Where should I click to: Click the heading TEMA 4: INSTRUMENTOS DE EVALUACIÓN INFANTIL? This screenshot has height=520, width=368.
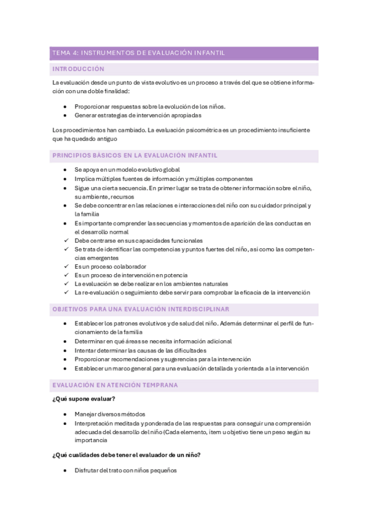pos(139,53)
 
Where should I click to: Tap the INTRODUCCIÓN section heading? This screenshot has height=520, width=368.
pos(79,69)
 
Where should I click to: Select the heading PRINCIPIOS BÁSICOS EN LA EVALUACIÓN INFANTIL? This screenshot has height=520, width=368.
pos(135,156)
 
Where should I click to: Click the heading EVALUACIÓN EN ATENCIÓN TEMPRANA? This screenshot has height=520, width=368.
pos(115,385)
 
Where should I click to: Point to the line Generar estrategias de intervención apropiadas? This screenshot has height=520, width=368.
pos(138,115)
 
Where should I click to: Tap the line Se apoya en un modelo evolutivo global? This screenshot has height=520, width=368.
pos(127,169)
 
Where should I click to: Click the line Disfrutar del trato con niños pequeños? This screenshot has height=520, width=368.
pos(125,470)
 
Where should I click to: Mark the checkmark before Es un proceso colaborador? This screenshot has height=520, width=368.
pos(66,267)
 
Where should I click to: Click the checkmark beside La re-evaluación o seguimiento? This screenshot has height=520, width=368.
pos(66,292)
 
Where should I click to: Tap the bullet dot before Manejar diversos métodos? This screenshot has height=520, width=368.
pos(66,415)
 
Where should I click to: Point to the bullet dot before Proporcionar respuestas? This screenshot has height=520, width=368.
pos(66,106)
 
